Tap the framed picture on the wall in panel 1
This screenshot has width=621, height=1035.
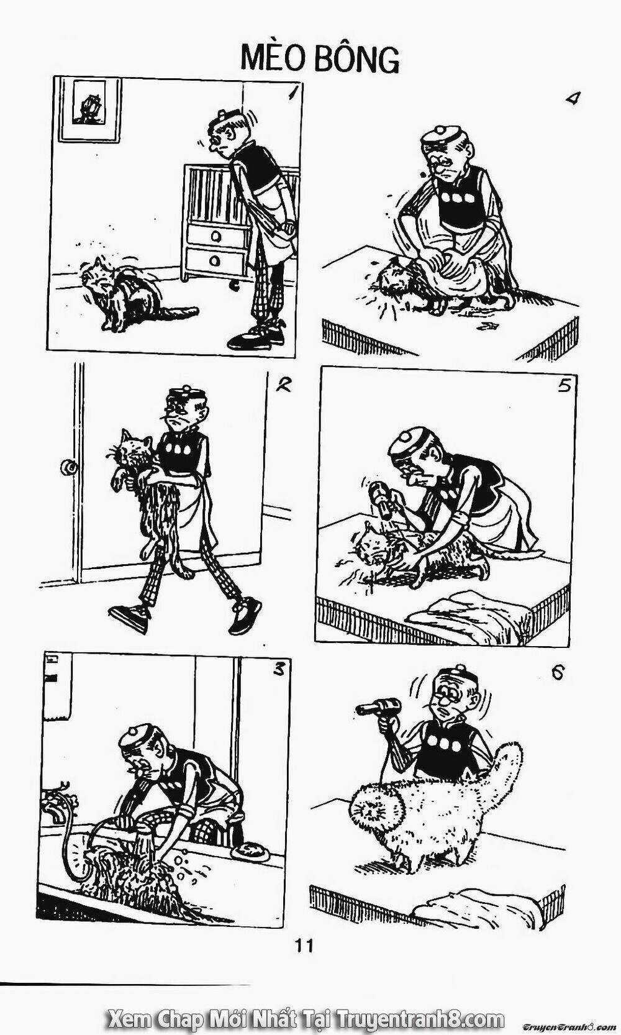[89, 109]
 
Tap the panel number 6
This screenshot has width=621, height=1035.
[557, 675]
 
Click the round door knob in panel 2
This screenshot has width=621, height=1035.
[70, 467]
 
